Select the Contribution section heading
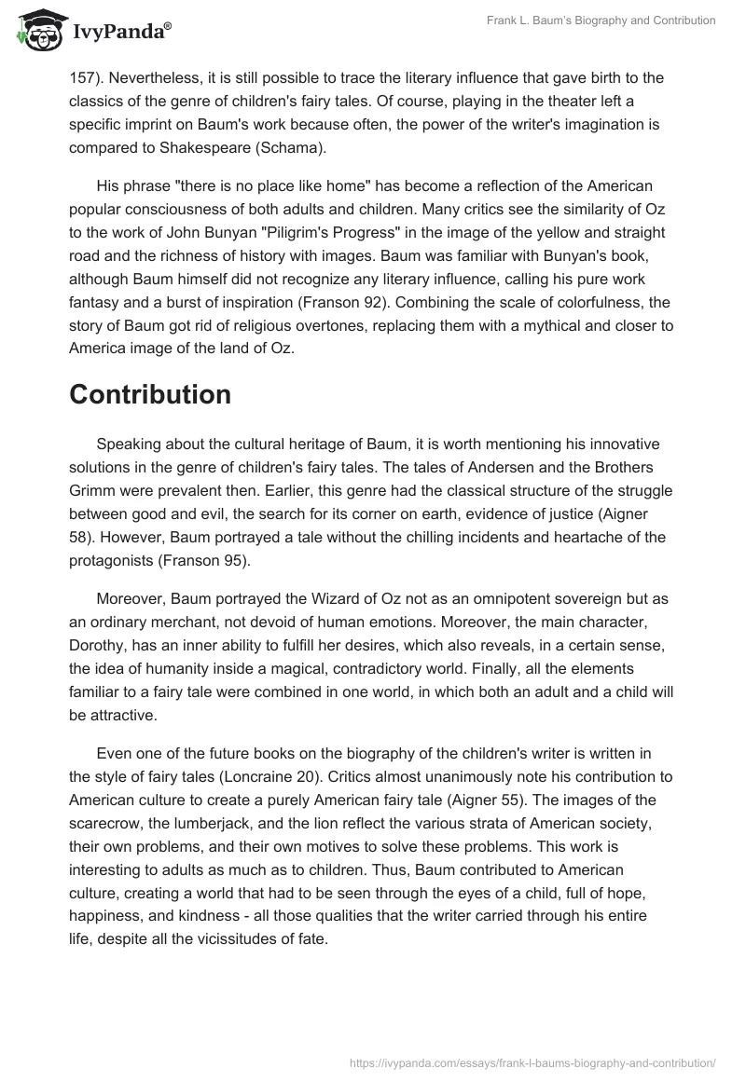point(150,394)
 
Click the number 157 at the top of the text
point(82,77)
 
